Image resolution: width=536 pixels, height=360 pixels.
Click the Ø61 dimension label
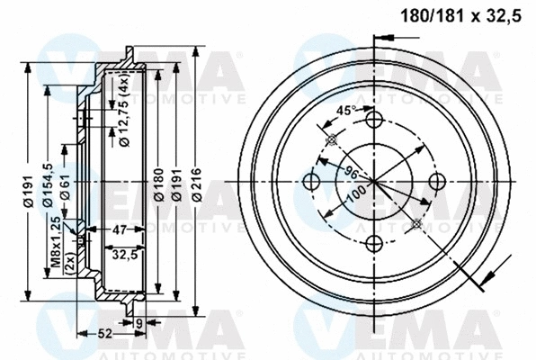(66, 185)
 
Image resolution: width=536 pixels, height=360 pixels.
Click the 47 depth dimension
(119, 230)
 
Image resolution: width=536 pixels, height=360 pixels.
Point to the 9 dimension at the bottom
(139, 322)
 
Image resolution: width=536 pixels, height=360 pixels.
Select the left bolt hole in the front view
(313, 182)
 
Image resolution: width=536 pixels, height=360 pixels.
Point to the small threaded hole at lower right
(415, 222)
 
